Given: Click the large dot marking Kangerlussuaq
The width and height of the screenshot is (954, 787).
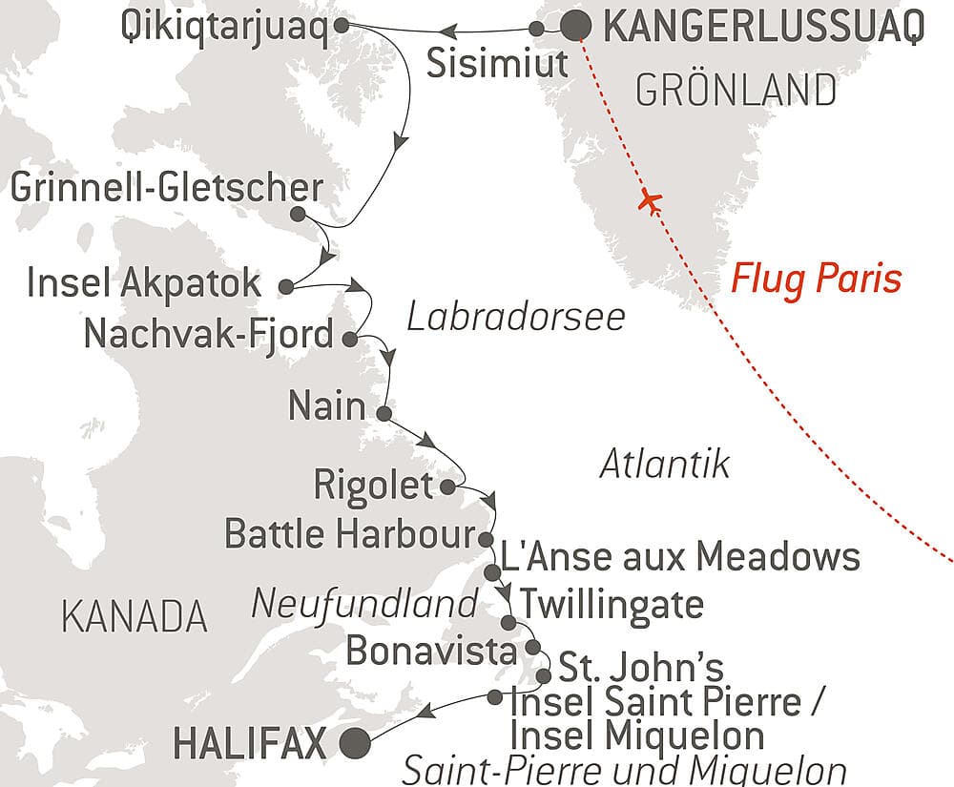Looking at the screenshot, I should (x=574, y=27).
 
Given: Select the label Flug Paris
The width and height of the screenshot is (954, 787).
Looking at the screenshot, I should (x=816, y=280).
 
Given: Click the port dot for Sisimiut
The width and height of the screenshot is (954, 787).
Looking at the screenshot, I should (x=537, y=30).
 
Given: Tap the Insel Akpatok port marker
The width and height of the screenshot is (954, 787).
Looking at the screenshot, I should (x=284, y=284).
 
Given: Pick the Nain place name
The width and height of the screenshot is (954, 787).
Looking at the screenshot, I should (x=327, y=408).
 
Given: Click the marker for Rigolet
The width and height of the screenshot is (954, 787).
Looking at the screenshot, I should (x=448, y=487).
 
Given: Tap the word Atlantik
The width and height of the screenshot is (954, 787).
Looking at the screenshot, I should (x=665, y=465).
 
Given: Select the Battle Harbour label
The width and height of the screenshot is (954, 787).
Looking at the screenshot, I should (x=350, y=534).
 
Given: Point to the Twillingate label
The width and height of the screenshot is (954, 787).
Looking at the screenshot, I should (x=611, y=604).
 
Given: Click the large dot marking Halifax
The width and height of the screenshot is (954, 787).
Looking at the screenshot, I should (x=356, y=741).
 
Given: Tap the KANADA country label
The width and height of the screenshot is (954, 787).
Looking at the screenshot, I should (x=134, y=617).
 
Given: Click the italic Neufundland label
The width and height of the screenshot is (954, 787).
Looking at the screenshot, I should (x=363, y=604).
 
